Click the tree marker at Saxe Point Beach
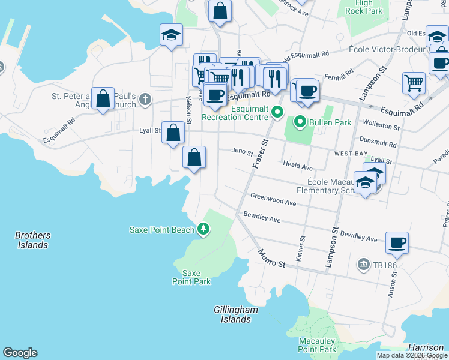203,229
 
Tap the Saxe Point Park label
191,277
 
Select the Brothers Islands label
32,240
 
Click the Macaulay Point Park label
317,345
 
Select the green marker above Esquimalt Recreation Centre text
277,111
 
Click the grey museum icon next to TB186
363,264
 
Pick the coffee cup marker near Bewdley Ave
397,243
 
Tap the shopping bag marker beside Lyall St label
173,133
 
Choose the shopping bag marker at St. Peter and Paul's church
103,98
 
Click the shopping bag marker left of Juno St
194,158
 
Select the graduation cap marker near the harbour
171,35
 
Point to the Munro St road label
272,259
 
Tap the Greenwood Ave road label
273,200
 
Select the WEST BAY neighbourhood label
351,154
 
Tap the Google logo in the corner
20,353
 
